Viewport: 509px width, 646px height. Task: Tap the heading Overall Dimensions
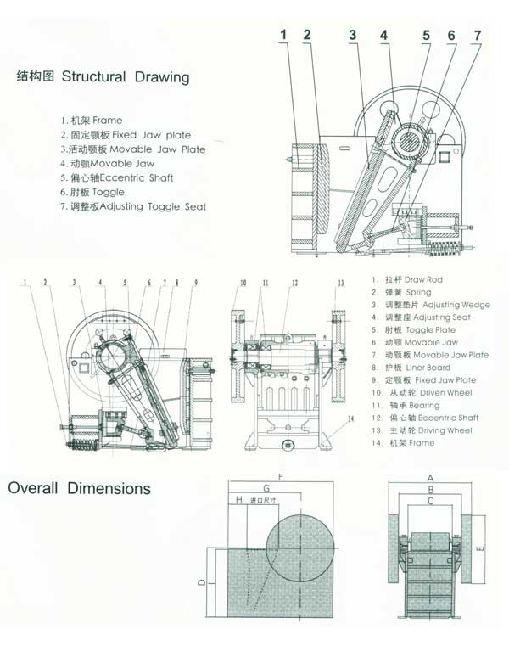[80, 489]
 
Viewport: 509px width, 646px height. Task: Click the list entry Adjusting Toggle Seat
[137, 206]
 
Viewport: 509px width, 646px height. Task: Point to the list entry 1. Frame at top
[92, 120]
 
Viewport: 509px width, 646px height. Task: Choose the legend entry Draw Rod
[406, 279]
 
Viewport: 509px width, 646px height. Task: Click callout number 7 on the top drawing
[478, 35]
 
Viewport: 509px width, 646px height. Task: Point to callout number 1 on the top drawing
[285, 35]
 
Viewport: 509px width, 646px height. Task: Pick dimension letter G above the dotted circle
[266, 489]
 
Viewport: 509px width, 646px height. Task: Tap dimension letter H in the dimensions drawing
[240, 502]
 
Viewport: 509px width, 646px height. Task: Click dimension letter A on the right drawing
[430, 478]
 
